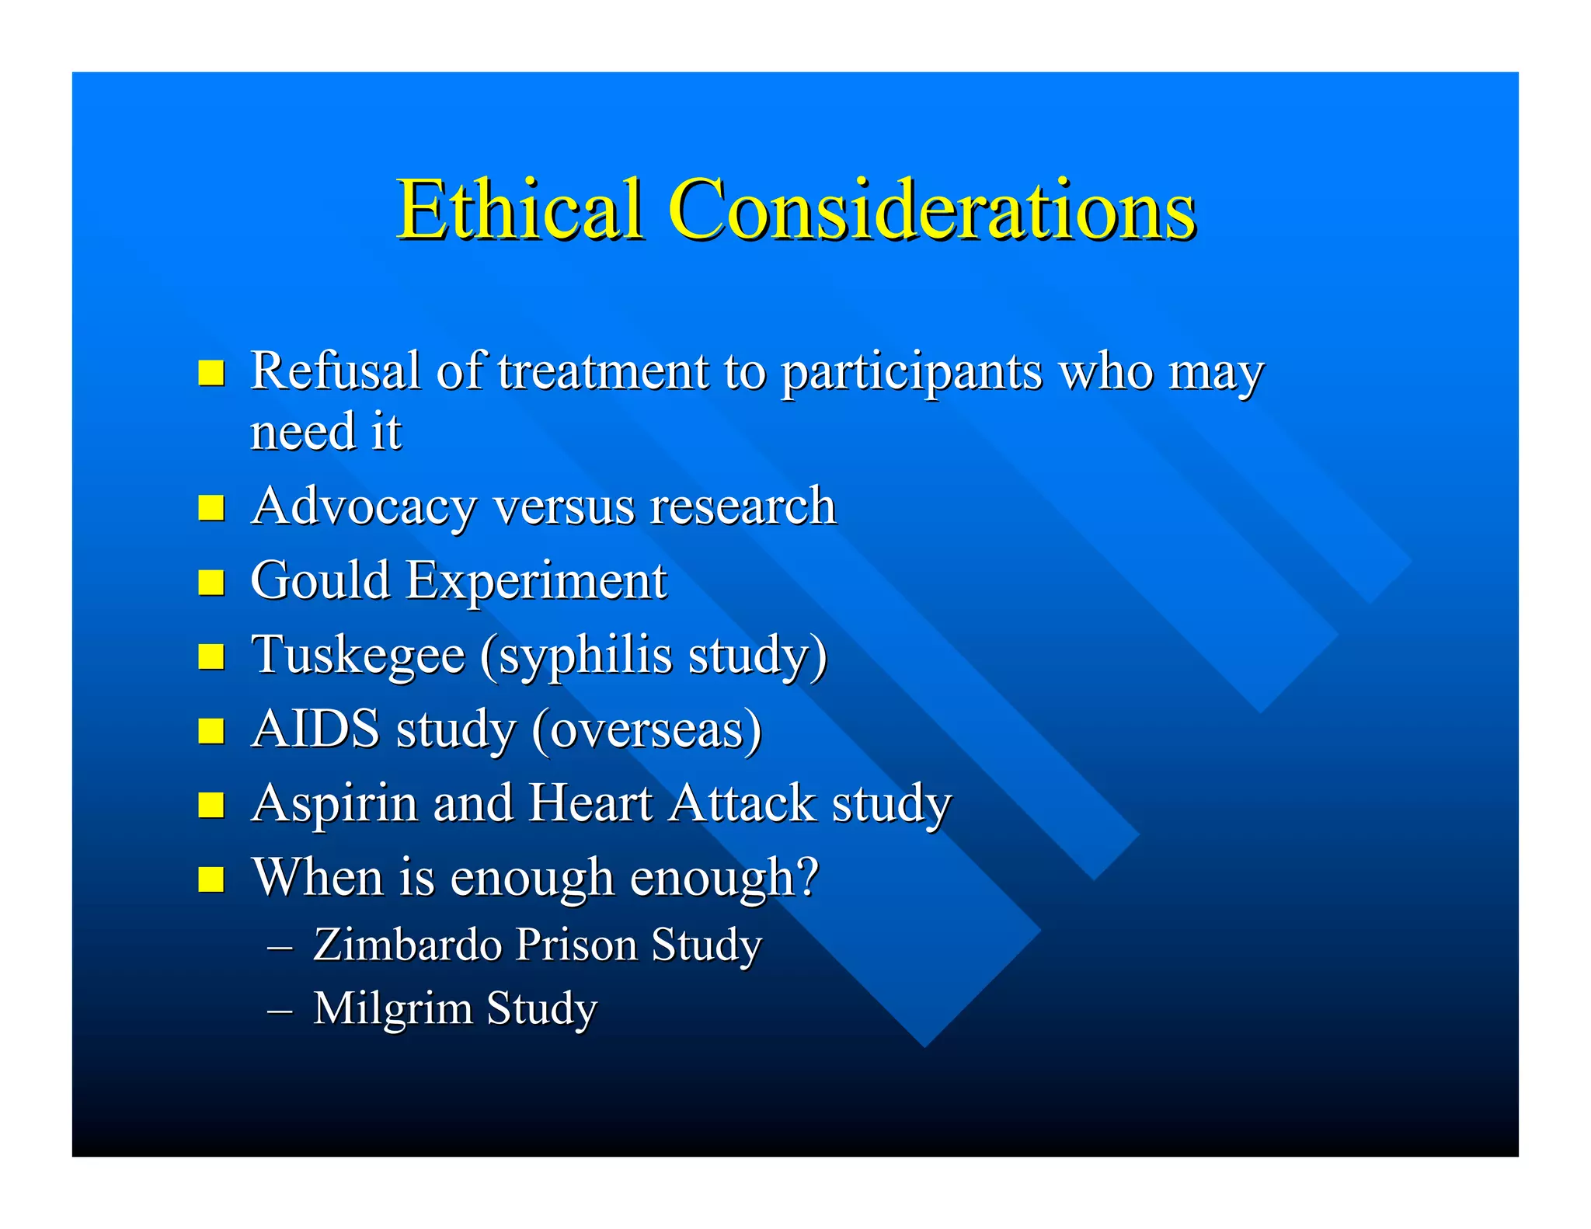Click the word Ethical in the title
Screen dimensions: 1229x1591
pos(520,209)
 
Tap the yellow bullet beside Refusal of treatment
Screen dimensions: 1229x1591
pos(211,372)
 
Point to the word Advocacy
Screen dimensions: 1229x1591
pos(364,507)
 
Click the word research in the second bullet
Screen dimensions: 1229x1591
pos(742,507)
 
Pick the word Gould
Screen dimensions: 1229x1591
pos(319,580)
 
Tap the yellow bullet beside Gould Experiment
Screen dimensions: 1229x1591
pos(211,582)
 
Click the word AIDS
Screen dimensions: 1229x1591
pos(315,729)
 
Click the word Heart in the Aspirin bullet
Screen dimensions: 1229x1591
pos(590,803)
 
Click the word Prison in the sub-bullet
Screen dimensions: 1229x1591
pos(576,945)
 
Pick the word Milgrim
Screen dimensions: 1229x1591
pos(392,1009)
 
